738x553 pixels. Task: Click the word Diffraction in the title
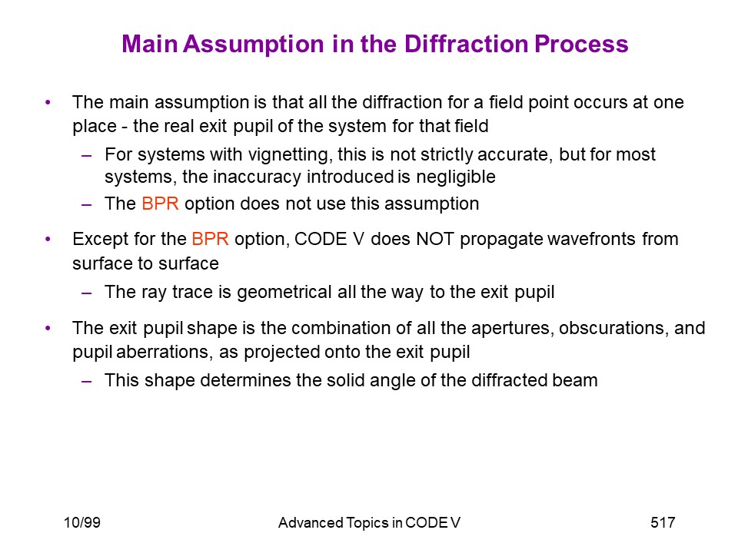pyautogui.click(x=466, y=44)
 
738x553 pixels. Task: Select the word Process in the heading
pyautogui.click(x=581, y=44)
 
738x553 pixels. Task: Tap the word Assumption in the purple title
pyautogui.click(x=254, y=45)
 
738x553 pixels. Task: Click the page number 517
pyautogui.click(x=663, y=522)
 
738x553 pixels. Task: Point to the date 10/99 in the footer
pyautogui.click(x=82, y=522)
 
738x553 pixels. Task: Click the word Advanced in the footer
pyautogui.click(x=311, y=522)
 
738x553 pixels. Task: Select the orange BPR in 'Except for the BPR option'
pyautogui.click(x=210, y=239)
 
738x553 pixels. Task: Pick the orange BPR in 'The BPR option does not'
pyautogui.click(x=160, y=204)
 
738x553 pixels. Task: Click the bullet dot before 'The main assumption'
pyautogui.click(x=48, y=102)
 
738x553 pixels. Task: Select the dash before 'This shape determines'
pyautogui.click(x=86, y=380)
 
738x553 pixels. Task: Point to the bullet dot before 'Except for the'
pyautogui.click(x=48, y=239)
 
